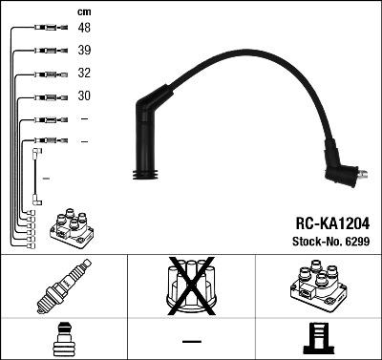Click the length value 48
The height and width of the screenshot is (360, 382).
click(84, 28)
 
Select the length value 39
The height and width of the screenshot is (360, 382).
click(84, 50)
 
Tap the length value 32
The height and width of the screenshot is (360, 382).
click(84, 73)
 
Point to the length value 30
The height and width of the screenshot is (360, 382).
click(84, 95)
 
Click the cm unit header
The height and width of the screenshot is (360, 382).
click(84, 11)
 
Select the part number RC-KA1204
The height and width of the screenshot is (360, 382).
click(330, 221)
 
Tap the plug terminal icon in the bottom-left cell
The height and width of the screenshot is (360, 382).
click(63, 340)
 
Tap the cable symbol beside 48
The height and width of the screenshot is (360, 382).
click(48, 29)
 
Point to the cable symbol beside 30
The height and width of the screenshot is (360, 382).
click(48, 96)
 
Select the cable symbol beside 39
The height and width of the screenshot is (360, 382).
click(48, 51)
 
